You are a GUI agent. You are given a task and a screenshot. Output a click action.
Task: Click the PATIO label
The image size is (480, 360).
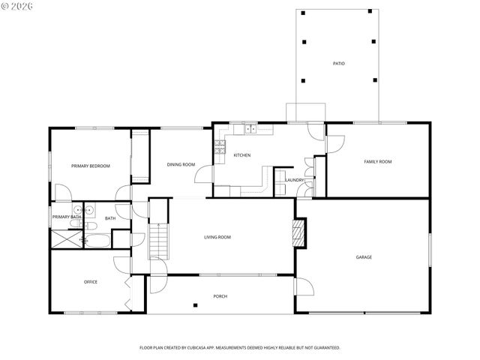[x=339, y=63]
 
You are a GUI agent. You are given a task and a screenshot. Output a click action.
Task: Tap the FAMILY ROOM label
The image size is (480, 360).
[x=378, y=161]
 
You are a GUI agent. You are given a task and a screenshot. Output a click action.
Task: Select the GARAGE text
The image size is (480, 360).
[x=364, y=257]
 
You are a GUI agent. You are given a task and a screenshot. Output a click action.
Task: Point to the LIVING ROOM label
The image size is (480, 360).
[x=217, y=237]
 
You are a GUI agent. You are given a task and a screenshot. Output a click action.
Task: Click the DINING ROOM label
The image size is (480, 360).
[x=181, y=164]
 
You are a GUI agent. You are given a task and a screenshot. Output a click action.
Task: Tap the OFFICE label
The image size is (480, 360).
[x=91, y=282]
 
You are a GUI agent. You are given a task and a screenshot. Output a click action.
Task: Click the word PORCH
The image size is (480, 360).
[x=220, y=296]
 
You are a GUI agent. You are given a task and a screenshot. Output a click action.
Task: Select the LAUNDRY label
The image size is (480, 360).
[x=294, y=180]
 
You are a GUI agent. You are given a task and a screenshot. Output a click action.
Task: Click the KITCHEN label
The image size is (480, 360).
[x=241, y=155]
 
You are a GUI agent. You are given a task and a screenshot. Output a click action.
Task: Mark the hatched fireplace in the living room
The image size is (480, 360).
[x=299, y=232]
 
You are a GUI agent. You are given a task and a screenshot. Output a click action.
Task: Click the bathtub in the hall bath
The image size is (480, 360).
[x=97, y=240]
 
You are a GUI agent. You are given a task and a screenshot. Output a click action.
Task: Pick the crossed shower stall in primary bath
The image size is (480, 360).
[x=66, y=239]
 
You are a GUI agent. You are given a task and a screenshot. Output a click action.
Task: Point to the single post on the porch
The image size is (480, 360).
[x=195, y=304]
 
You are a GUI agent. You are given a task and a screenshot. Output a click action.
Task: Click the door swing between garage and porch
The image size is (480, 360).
[x=304, y=286]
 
